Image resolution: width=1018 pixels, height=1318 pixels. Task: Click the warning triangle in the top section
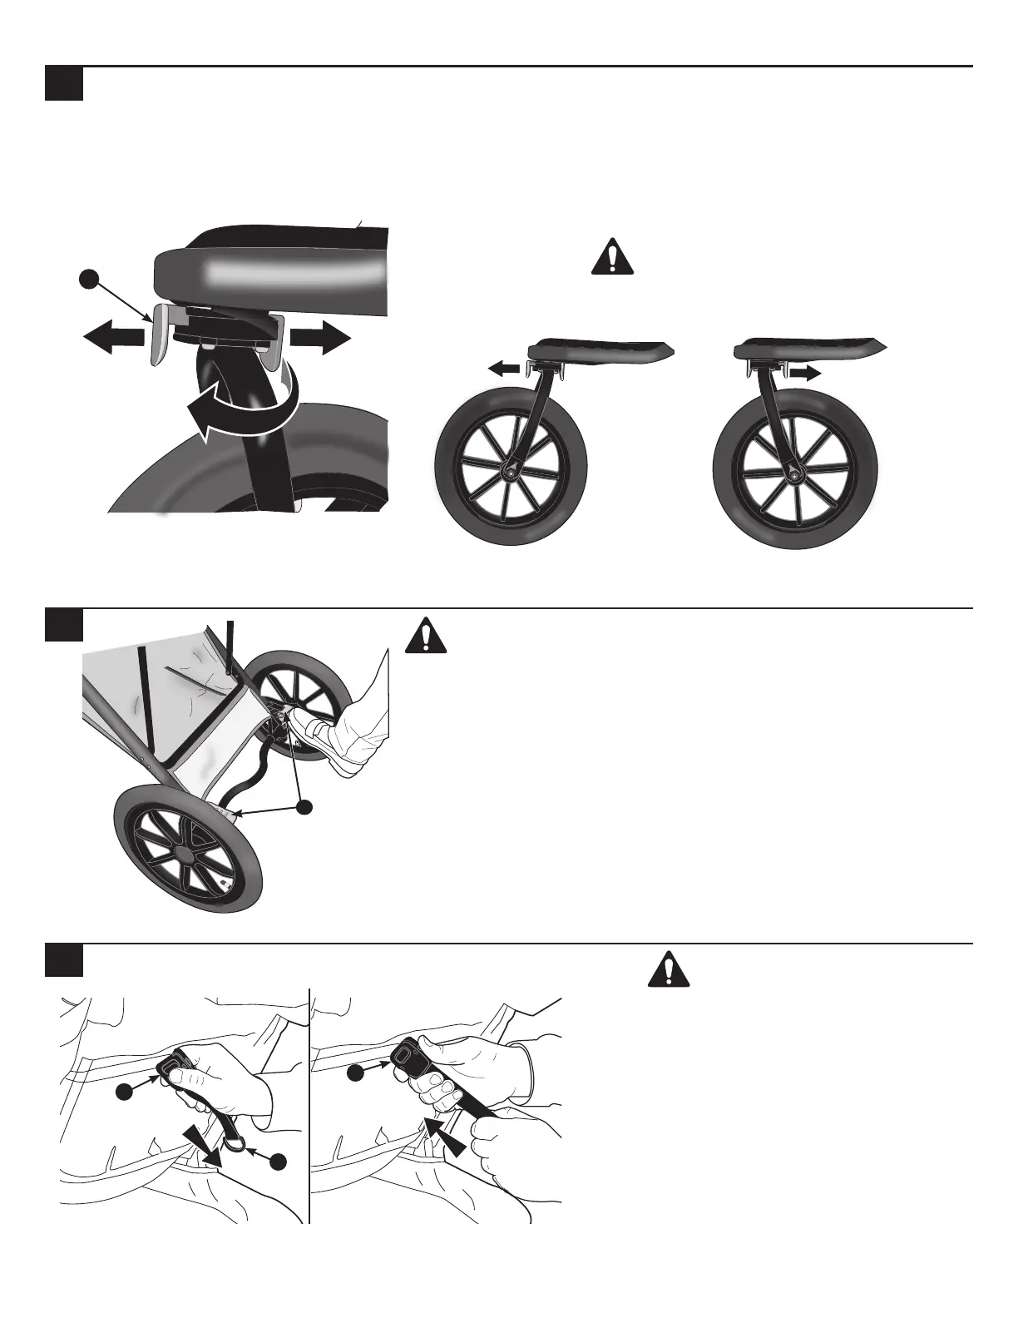(612, 257)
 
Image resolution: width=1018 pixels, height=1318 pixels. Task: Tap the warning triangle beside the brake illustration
(426, 637)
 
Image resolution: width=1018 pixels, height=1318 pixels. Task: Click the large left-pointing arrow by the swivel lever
(114, 339)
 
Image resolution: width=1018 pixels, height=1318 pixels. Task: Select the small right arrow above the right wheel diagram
(803, 374)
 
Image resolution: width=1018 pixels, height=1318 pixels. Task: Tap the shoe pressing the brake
(319, 732)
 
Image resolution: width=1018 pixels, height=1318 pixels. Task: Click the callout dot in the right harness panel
(355, 1073)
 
